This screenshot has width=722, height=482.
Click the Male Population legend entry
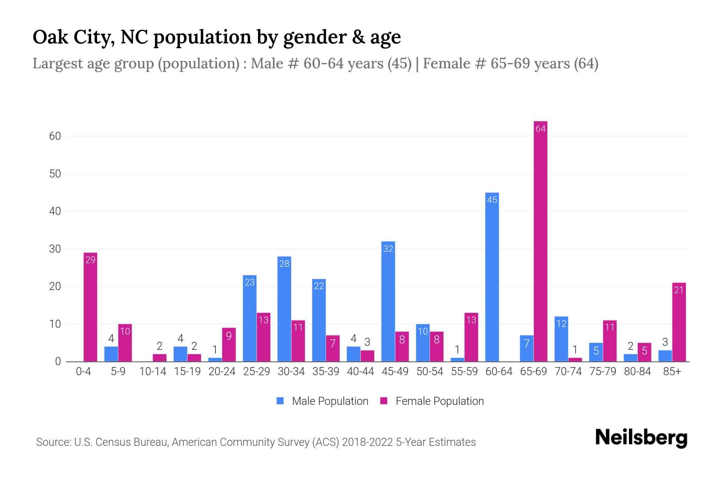(x=330, y=401)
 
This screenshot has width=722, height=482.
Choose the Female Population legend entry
(x=439, y=401)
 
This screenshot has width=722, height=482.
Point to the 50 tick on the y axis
(x=55, y=174)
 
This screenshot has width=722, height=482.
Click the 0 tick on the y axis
(x=58, y=361)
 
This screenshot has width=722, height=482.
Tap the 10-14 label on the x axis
(x=152, y=372)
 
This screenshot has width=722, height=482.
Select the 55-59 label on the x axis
(x=464, y=372)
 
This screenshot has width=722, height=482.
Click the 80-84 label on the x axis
(x=637, y=372)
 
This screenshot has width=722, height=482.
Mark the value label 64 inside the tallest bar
(x=540, y=129)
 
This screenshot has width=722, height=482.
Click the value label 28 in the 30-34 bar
(x=284, y=264)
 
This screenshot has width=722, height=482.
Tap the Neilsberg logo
(x=641, y=438)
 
